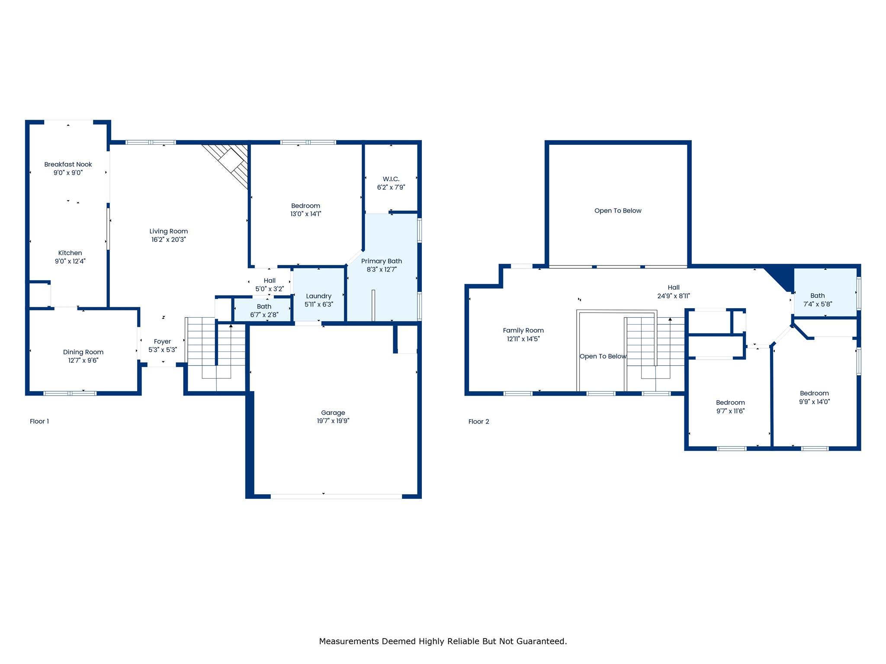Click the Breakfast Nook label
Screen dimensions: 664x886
[x=68, y=164]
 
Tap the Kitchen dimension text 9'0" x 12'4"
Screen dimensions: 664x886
[x=70, y=261]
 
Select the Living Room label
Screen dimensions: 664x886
[x=169, y=231]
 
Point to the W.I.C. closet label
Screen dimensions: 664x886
[x=391, y=179]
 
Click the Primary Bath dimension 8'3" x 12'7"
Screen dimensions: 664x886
[x=382, y=269]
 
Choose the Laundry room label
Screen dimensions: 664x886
[x=318, y=296]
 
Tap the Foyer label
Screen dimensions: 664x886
[x=162, y=342]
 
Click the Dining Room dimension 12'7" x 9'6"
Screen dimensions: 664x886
[x=83, y=360]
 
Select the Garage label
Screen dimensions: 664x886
[x=333, y=412]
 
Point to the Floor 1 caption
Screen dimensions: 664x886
[x=39, y=421]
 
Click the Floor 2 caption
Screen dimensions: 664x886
[x=478, y=421]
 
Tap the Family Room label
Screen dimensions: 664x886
[x=523, y=330]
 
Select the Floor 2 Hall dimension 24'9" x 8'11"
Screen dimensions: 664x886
[x=674, y=296]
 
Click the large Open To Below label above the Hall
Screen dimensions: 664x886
[x=618, y=211]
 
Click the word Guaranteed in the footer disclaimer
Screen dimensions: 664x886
[x=543, y=641]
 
